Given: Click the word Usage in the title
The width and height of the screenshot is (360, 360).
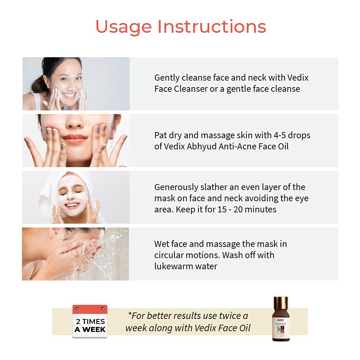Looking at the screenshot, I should click(x=123, y=27).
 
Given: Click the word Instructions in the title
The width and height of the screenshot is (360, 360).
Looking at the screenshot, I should click(x=212, y=27).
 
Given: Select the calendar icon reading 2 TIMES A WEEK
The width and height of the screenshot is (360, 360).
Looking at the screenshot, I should click(x=90, y=321).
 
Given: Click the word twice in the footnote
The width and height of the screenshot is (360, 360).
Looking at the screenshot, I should click(x=229, y=316).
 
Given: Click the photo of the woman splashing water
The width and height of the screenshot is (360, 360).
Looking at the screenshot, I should click(x=75, y=254).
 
